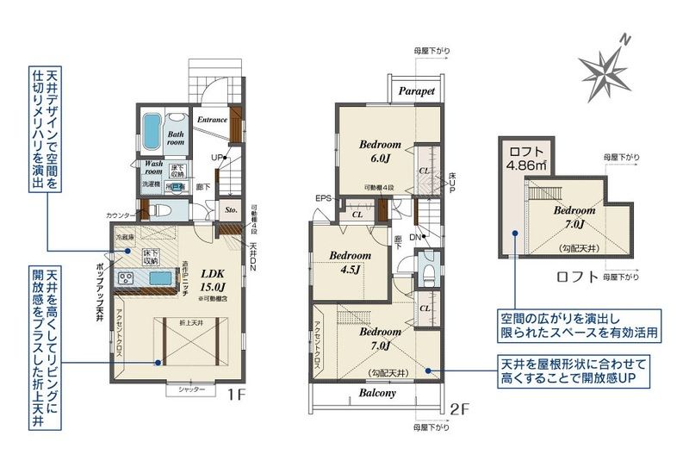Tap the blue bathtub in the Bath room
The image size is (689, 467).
[152, 133]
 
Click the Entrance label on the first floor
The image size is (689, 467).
[212, 120]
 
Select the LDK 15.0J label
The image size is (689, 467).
[213, 279]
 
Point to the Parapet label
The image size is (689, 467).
[417, 90]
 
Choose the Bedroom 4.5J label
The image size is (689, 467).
[351, 262]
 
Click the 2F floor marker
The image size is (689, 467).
[462, 409]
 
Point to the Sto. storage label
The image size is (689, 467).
[231, 209]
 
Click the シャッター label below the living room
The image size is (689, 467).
[191, 390]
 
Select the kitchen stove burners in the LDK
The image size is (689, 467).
[124, 277]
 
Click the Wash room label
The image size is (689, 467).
[154, 167]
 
